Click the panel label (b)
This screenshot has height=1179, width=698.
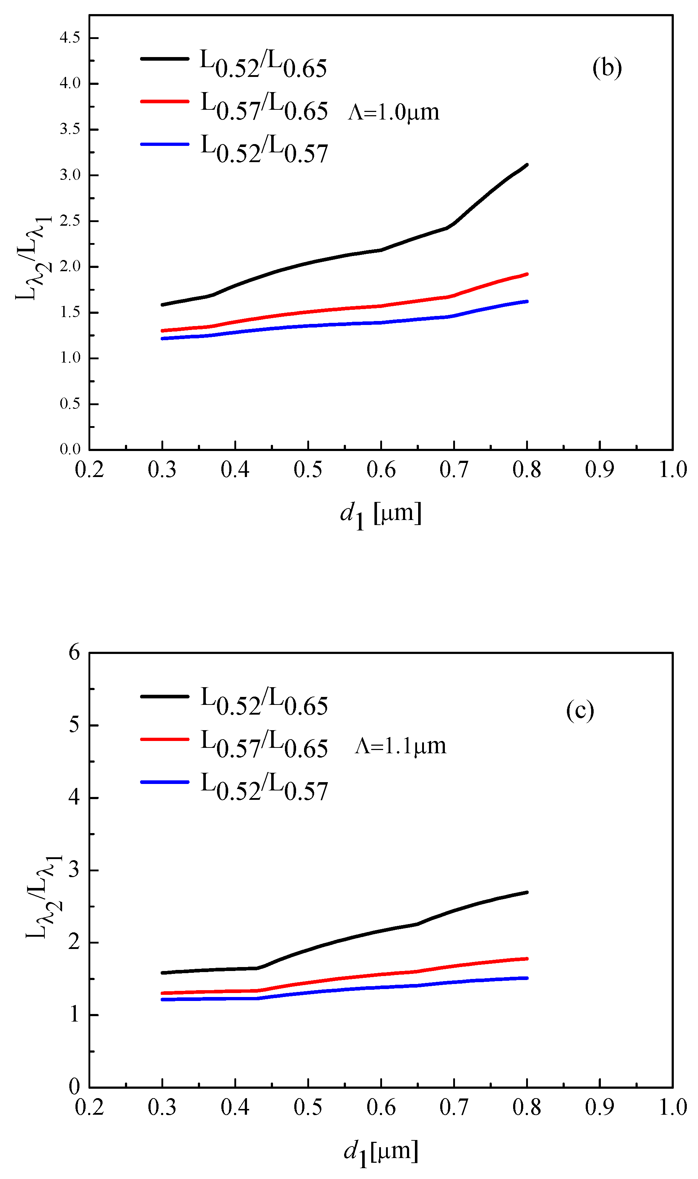(607, 68)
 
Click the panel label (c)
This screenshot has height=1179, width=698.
(580, 710)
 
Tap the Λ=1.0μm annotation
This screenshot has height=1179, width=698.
(394, 112)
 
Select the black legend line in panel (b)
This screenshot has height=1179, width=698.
(165, 59)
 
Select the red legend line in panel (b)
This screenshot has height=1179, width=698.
(165, 101)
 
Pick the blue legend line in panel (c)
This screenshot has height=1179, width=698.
(165, 782)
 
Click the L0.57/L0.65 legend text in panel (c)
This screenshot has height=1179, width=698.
(264, 745)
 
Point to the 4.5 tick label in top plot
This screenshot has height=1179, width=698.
(70, 38)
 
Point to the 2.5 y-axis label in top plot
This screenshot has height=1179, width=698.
(70, 221)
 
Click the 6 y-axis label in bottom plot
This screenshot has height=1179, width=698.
(74, 653)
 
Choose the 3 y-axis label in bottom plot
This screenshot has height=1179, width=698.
(74, 870)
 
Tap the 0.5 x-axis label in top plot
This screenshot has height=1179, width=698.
(308, 470)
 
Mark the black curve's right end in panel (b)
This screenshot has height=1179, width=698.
(526, 165)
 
